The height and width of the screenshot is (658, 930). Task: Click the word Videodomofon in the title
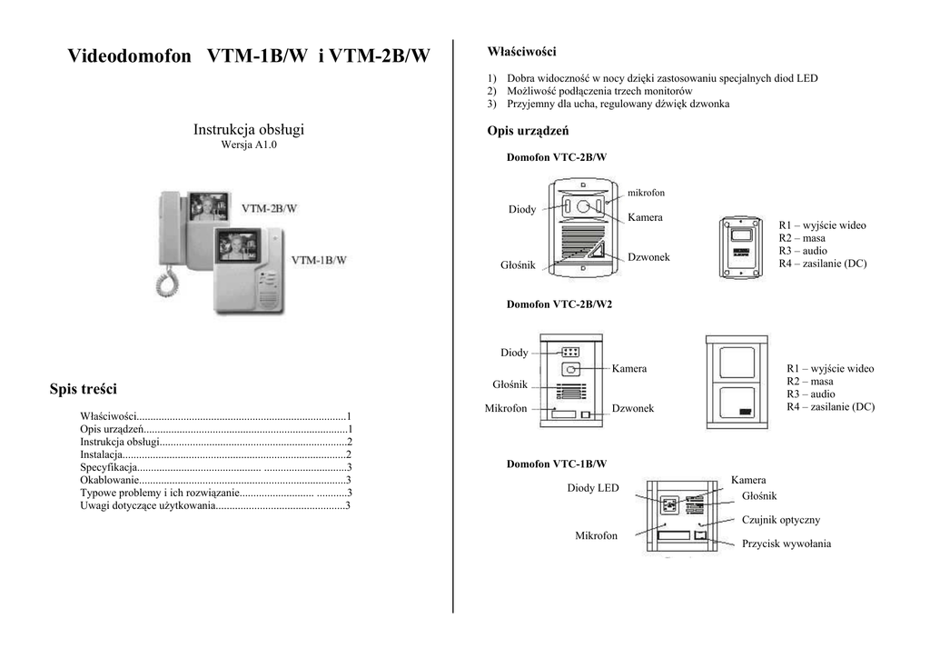click(129, 55)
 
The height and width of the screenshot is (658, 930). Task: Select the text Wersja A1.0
click(249, 145)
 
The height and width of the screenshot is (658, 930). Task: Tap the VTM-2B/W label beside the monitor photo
click(269, 208)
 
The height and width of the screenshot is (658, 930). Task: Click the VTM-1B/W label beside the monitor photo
click(319, 260)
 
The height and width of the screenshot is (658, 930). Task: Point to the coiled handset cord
click(167, 281)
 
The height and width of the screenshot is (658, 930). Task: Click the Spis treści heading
click(83, 389)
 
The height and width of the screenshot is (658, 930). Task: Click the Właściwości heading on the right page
click(522, 52)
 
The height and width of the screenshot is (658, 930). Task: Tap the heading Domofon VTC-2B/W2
click(559, 304)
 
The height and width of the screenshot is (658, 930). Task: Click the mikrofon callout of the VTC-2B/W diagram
click(647, 193)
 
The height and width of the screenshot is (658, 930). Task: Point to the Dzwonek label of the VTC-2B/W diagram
click(648, 257)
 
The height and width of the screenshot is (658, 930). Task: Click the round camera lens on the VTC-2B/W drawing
click(584, 206)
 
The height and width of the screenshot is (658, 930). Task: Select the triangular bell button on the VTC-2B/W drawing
click(597, 252)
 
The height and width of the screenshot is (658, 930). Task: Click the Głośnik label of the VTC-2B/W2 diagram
click(510, 384)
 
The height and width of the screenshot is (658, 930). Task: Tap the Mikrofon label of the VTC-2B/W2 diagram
click(506, 408)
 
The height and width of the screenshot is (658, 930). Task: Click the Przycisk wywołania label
click(787, 543)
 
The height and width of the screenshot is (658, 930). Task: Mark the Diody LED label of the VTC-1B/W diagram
click(593, 488)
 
